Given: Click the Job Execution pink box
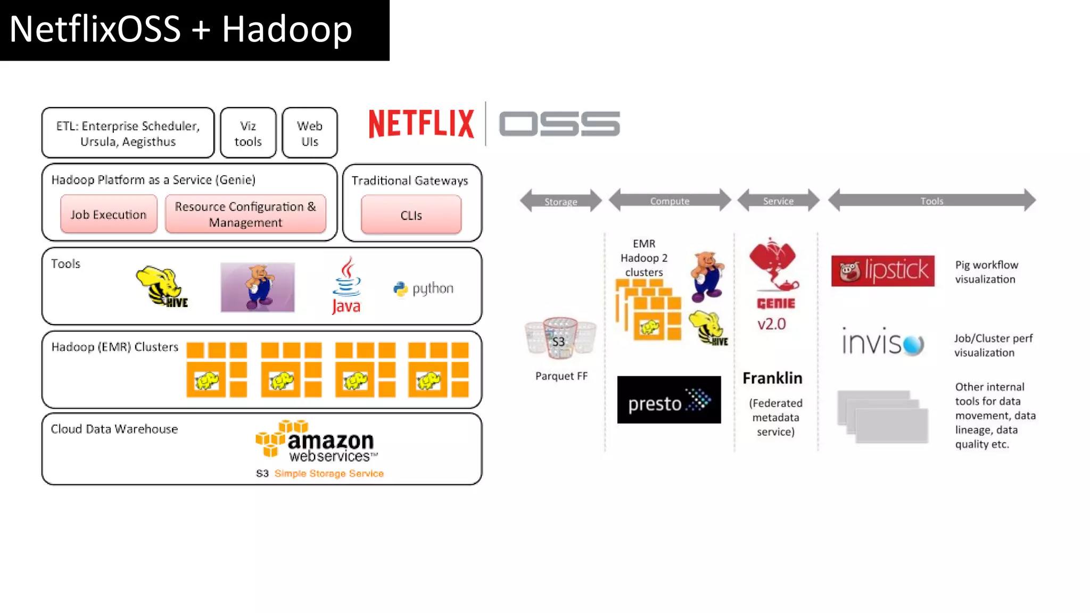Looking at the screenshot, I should coord(109,214).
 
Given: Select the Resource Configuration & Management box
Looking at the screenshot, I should coord(245,214).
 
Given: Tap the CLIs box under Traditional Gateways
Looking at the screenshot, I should coord(411,215).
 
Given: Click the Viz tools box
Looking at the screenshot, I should coord(248,133).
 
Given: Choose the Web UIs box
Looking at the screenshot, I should coord(309,133).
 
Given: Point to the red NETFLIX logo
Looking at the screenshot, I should coord(421,123).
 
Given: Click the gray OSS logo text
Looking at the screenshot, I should coord(559,123).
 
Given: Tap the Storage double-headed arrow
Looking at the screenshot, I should coord(560,201).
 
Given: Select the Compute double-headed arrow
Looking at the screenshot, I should coord(670,200).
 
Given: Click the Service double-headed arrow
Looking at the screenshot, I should coord(778,200).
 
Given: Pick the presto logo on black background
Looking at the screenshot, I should coord(668,400).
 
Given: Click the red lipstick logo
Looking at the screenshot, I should coord(882,270).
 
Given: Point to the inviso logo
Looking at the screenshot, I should coord(882,342).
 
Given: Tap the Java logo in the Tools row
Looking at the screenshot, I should coord(346,286).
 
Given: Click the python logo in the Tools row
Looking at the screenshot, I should coord(424,288).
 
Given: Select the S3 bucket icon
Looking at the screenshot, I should coord(559,337).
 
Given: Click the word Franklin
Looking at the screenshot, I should coord(772,378).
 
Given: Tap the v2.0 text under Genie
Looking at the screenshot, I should coord(771,324).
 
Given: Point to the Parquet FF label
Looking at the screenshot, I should coord(561,376).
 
